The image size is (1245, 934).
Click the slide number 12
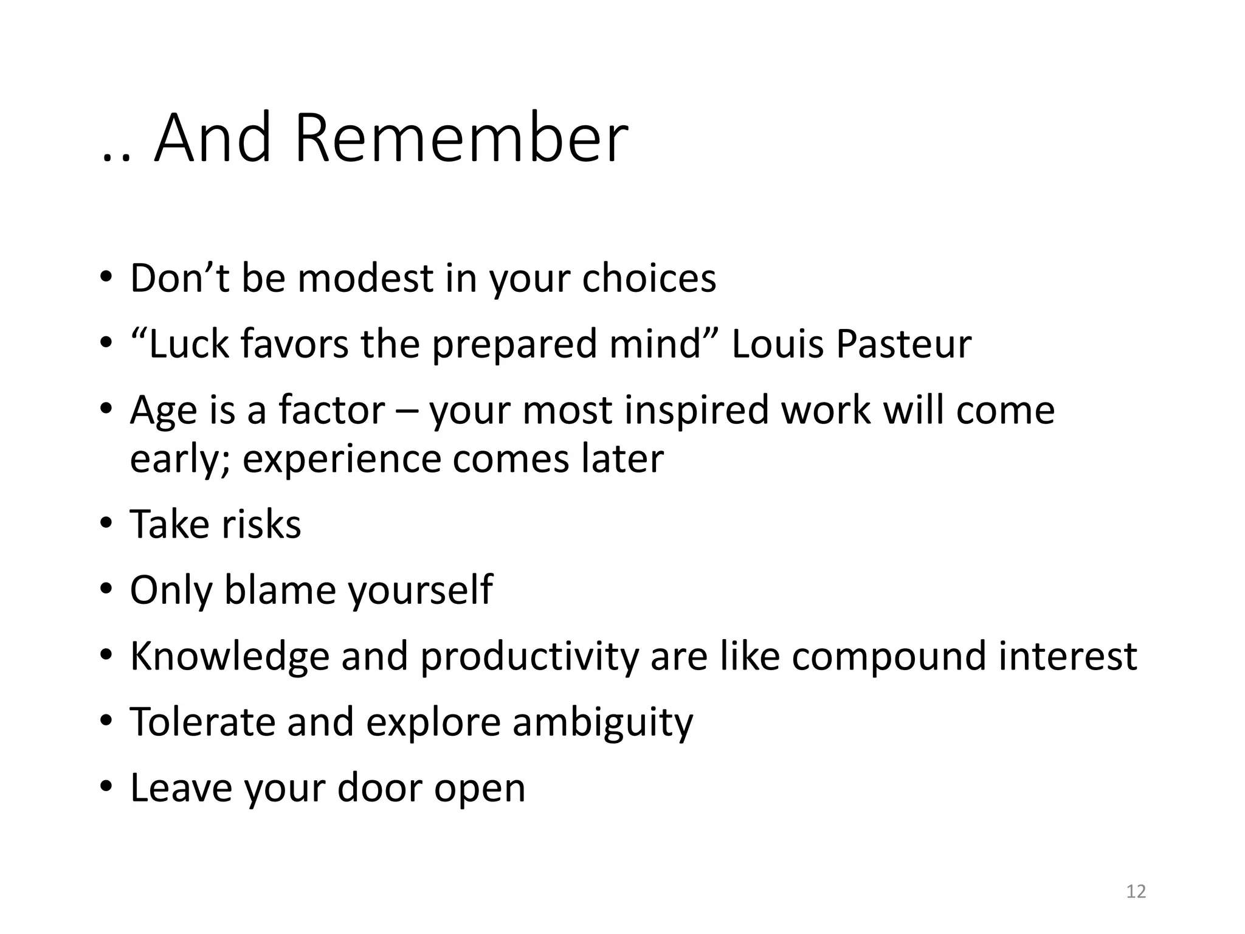[1136, 891]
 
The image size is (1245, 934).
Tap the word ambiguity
[602, 722]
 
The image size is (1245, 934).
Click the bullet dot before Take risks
[106, 523]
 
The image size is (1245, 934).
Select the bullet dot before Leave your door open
[106, 787]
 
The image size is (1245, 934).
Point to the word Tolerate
[203, 722]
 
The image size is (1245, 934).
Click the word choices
[649, 278]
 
